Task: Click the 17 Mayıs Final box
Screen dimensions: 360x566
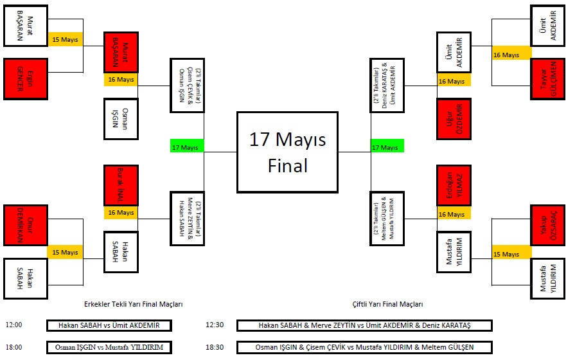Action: [287, 152]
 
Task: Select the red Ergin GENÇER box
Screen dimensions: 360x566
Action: [26, 78]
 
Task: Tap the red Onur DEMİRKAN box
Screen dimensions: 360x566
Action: [26, 225]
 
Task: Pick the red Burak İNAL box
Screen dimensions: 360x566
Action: [121, 185]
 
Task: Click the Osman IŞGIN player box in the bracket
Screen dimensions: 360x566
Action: [121, 118]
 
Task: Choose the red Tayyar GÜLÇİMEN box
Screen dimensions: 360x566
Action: [547, 78]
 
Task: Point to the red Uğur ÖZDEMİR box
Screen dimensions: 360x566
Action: [454, 118]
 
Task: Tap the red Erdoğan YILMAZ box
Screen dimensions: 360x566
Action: [454, 185]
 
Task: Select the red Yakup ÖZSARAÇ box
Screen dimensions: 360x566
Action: [547, 225]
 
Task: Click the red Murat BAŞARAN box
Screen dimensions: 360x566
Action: [121, 52]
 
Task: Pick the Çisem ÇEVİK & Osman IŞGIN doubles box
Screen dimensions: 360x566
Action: [187, 85]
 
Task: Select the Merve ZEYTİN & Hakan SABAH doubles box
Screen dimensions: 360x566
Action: [187, 219]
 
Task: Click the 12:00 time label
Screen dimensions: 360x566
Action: [13, 325]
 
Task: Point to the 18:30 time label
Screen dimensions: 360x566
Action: [215, 347]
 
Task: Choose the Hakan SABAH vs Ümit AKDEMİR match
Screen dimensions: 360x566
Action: [109, 325]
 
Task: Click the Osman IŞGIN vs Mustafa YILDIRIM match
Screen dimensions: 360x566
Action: [109, 347]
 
